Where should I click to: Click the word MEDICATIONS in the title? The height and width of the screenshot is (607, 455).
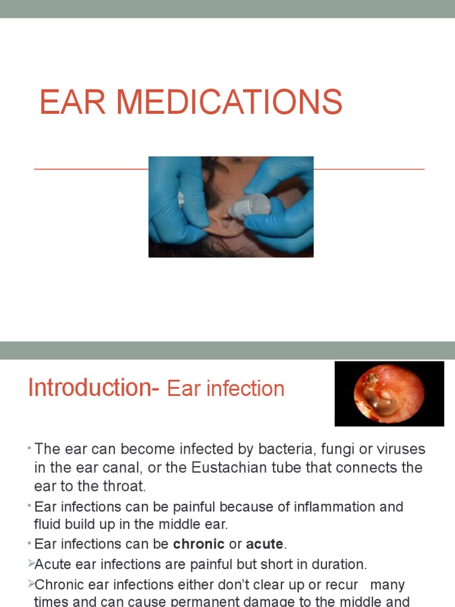(229, 102)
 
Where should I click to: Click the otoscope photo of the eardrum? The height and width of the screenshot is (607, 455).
(389, 394)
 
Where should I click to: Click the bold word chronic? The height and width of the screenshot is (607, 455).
(198, 544)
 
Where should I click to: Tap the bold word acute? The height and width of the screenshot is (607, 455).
(264, 544)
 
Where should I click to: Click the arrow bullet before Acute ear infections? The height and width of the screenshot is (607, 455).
(31, 564)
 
